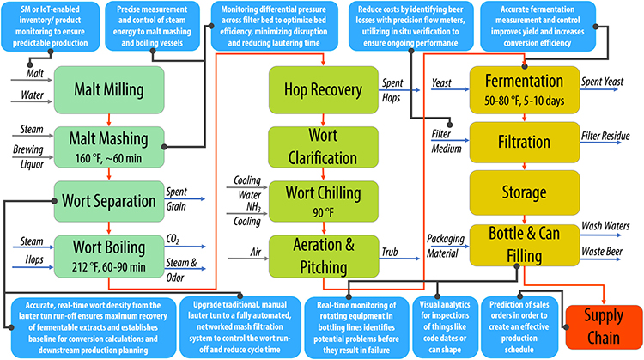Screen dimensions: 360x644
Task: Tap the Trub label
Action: coord(392,252)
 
